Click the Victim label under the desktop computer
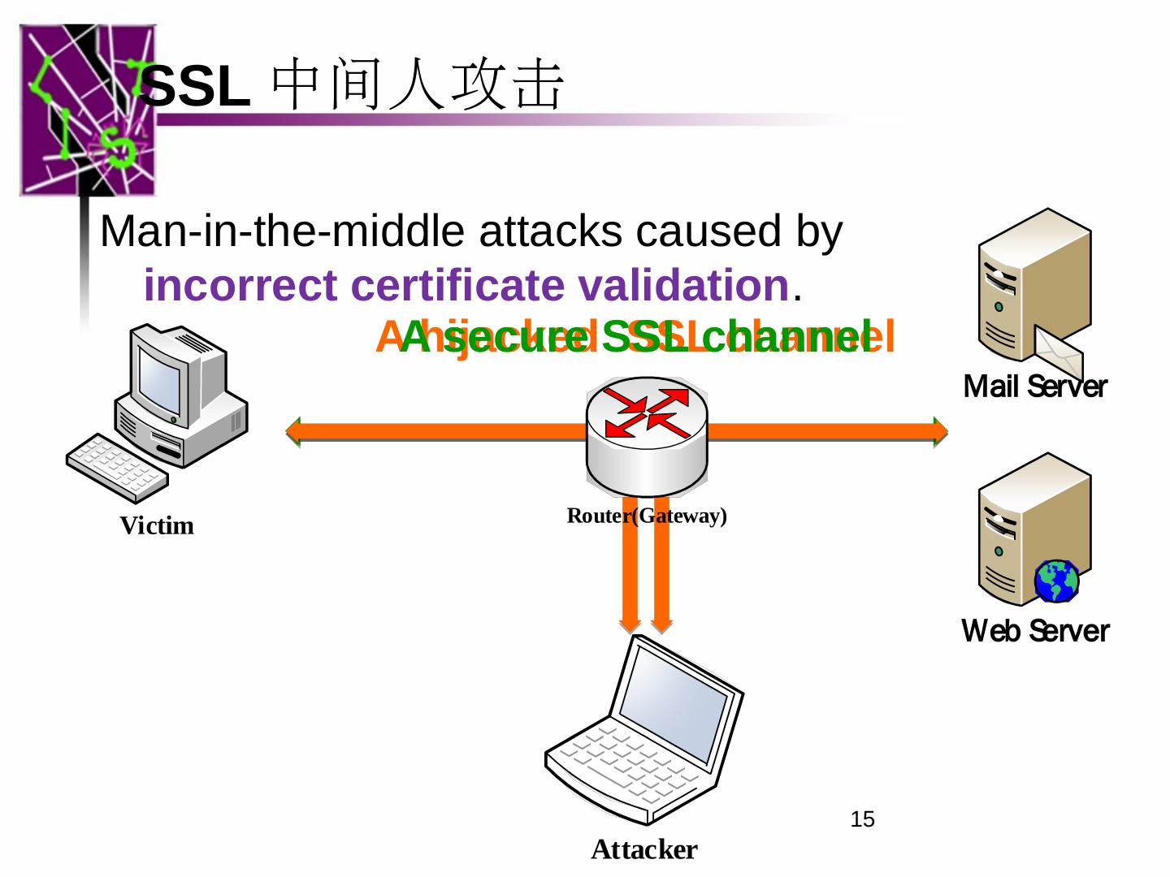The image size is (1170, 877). click(x=157, y=526)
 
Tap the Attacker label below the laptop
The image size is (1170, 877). click(x=643, y=849)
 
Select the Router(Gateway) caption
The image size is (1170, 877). click(x=646, y=516)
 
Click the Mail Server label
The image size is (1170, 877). click(x=1034, y=387)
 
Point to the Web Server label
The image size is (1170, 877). click(x=1034, y=631)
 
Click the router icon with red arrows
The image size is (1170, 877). click(x=647, y=434)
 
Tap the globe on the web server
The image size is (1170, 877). click(x=1056, y=581)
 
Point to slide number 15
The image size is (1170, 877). click(x=862, y=819)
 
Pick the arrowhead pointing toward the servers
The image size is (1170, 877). click(x=940, y=431)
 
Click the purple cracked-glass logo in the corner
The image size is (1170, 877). click(x=85, y=110)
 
